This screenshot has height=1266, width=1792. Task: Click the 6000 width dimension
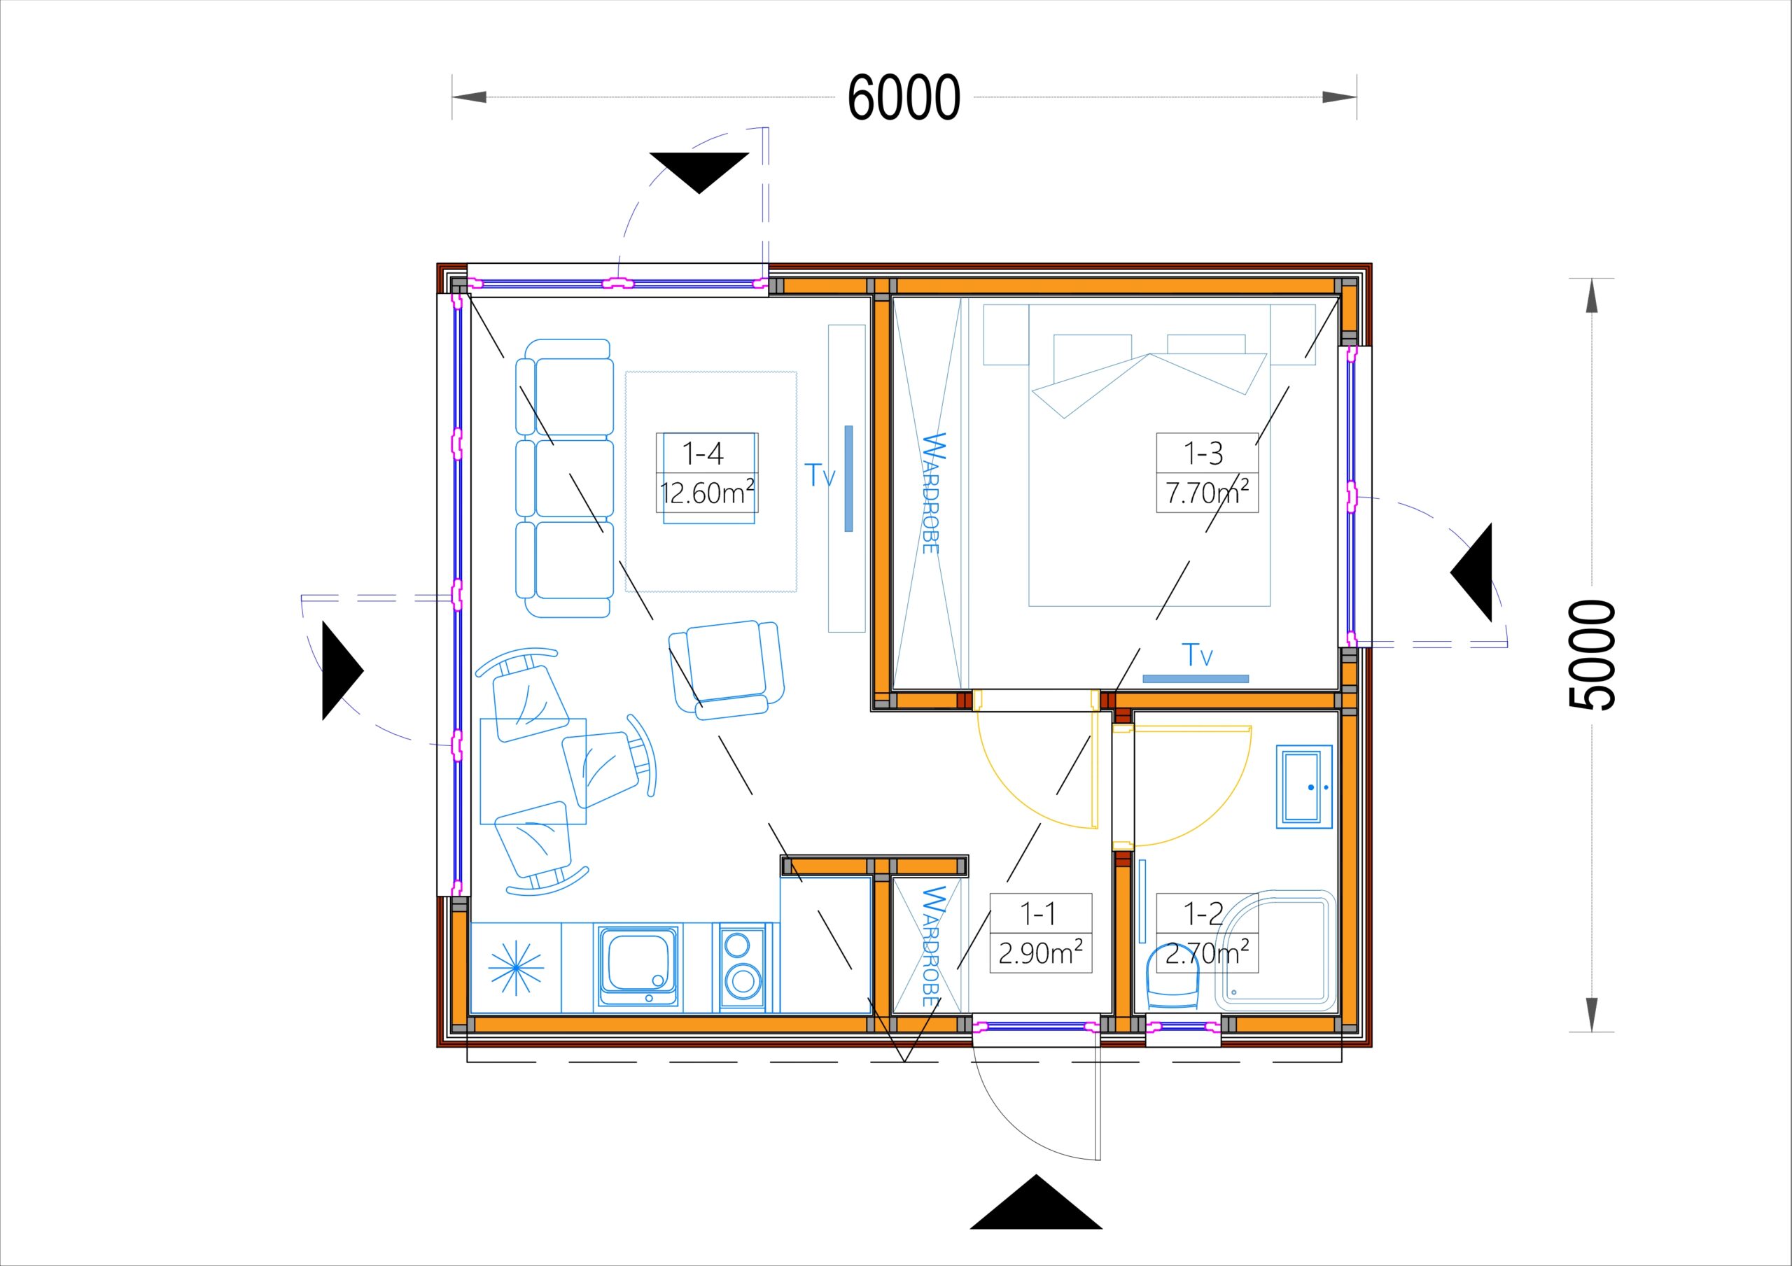click(x=904, y=97)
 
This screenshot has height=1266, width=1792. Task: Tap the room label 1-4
click(x=703, y=453)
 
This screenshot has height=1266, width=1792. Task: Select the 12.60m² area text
click(x=707, y=493)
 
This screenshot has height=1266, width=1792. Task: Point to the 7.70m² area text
click(x=1207, y=493)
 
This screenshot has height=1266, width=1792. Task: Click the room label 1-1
click(x=1038, y=913)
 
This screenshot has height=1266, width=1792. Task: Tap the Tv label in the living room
click(x=820, y=474)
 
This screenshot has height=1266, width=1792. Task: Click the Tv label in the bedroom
click(x=1197, y=655)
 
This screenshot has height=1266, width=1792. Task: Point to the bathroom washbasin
click(x=1304, y=787)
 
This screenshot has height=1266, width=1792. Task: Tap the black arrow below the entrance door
click(x=1036, y=1202)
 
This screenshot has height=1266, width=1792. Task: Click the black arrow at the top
click(x=699, y=172)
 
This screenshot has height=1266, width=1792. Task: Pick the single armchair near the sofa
click(x=727, y=669)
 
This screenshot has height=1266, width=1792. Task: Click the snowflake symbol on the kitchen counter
click(x=516, y=969)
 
